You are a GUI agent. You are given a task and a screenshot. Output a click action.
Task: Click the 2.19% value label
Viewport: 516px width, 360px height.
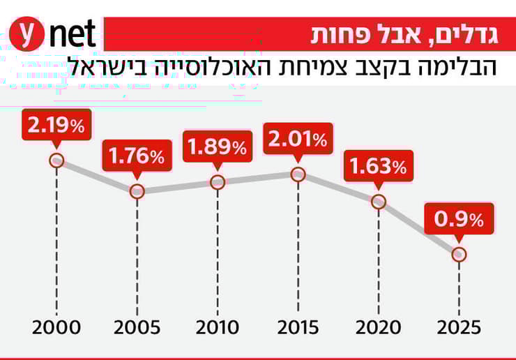click(x=56, y=126)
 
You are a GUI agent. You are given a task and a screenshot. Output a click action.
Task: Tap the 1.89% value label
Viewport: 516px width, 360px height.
click(x=218, y=147)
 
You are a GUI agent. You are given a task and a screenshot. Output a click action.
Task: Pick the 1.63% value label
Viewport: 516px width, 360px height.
click(x=379, y=167)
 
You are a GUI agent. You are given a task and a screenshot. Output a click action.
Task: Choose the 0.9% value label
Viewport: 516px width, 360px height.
click(x=459, y=220)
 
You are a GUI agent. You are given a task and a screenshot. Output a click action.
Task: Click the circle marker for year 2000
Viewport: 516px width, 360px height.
click(x=56, y=160)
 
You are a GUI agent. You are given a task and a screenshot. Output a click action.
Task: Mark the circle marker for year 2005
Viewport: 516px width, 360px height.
click(x=137, y=191)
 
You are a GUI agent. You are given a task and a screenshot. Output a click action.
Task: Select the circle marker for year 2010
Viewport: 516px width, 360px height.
click(x=218, y=182)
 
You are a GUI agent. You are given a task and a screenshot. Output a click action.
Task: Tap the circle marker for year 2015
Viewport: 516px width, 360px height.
click(x=298, y=174)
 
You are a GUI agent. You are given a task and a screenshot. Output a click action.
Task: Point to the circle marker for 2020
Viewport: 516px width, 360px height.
click(x=379, y=202)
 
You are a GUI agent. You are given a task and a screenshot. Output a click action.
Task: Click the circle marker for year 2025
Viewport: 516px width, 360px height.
click(x=459, y=255)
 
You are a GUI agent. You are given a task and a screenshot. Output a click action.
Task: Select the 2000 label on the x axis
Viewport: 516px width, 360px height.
click(x=56, y=327)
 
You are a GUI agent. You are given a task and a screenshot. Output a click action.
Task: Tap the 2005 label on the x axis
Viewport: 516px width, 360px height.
click(x=137, y=327)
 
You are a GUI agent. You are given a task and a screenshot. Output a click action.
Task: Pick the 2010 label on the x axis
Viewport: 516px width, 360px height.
click(x=218, y=327)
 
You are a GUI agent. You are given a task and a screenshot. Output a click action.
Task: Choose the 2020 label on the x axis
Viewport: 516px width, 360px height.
click(x=379, y=327)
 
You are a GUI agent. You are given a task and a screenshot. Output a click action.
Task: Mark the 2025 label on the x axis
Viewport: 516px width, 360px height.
click(x=459, y=327)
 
